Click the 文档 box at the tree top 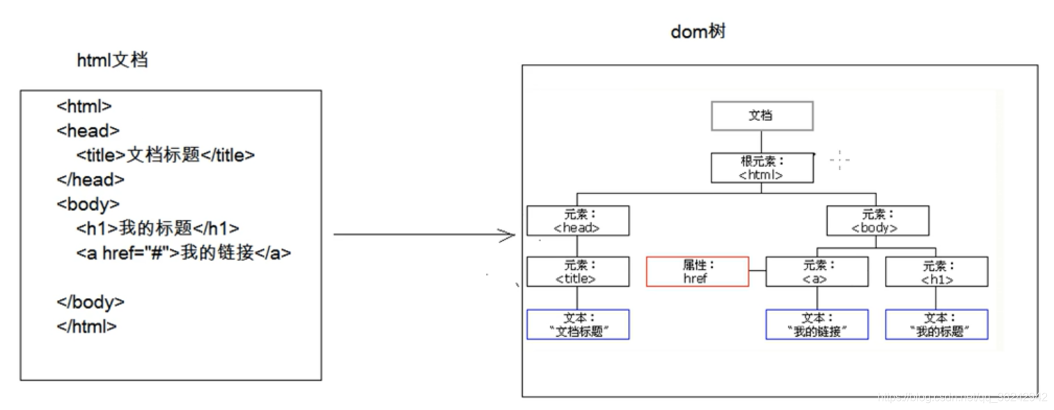762,116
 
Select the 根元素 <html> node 762,168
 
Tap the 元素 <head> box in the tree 578,220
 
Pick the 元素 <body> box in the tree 877,220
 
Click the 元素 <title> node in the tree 578,271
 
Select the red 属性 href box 697,271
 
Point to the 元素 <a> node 817,271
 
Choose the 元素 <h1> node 936,271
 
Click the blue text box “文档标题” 578,324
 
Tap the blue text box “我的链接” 817,324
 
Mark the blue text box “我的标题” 936,324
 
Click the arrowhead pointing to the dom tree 509,235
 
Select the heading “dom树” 698,32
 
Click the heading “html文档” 112,60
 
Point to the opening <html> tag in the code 84,107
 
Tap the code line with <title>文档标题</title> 166,155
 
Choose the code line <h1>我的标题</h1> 158,228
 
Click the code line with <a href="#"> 184,253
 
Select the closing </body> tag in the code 91,302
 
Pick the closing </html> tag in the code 87,326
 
